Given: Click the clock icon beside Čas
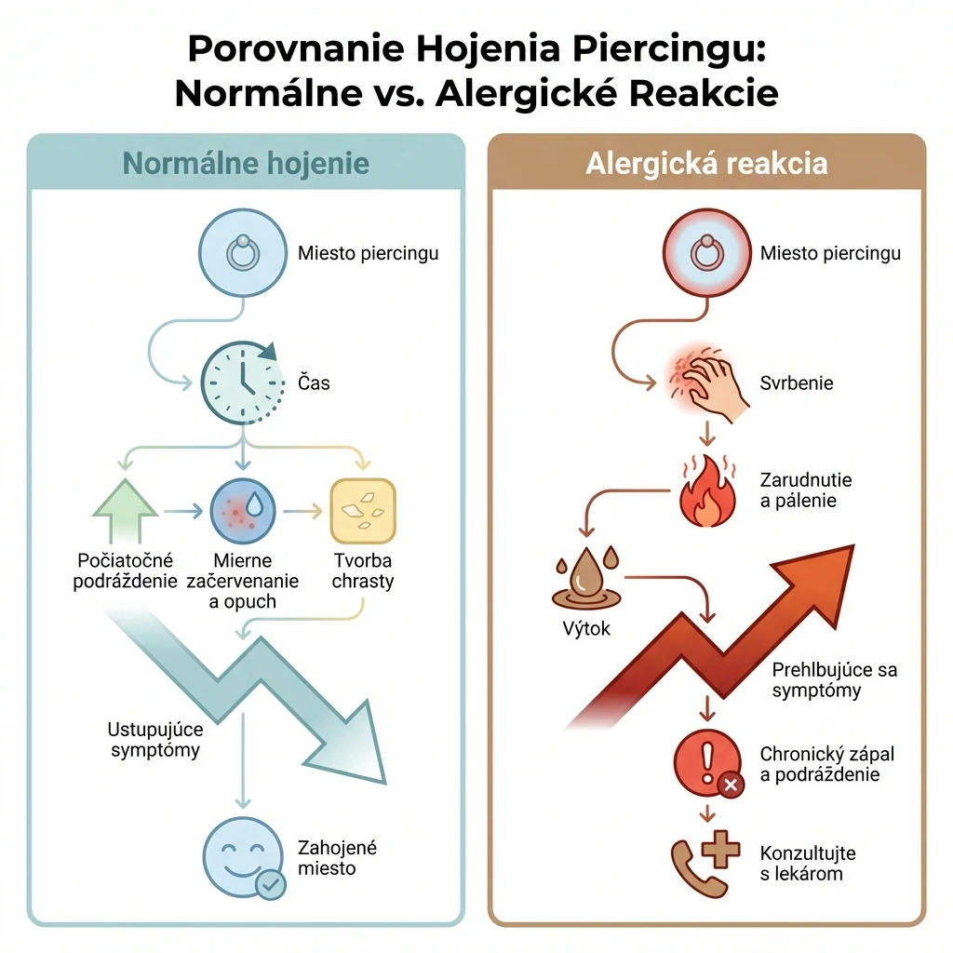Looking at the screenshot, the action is click(243, 383).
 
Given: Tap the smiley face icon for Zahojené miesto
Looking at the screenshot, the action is click(243, 856).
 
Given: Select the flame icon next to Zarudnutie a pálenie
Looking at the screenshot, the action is click(706, 491).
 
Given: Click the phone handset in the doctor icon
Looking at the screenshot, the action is click(692, 869).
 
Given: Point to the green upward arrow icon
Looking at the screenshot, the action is click(126, 511).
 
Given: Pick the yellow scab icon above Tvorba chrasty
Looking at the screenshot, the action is click(363, 511).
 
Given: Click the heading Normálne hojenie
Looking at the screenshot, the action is click(246, 164).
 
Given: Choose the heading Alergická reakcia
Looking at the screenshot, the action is click(706, 164).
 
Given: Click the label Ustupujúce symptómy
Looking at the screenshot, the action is click(155, 740).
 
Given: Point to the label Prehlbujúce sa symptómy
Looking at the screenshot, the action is click(834, 679).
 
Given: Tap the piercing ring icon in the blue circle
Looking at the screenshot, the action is click(243, 252).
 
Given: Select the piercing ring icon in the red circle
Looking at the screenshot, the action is click(707, 252).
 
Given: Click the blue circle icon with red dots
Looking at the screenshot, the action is click(243, 511).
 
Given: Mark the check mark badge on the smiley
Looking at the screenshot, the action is click(271, 884).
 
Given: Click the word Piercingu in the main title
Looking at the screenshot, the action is click(668, 48).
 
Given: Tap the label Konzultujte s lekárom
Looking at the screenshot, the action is click(807, 863).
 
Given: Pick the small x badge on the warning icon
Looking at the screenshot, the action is click(732, 785).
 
